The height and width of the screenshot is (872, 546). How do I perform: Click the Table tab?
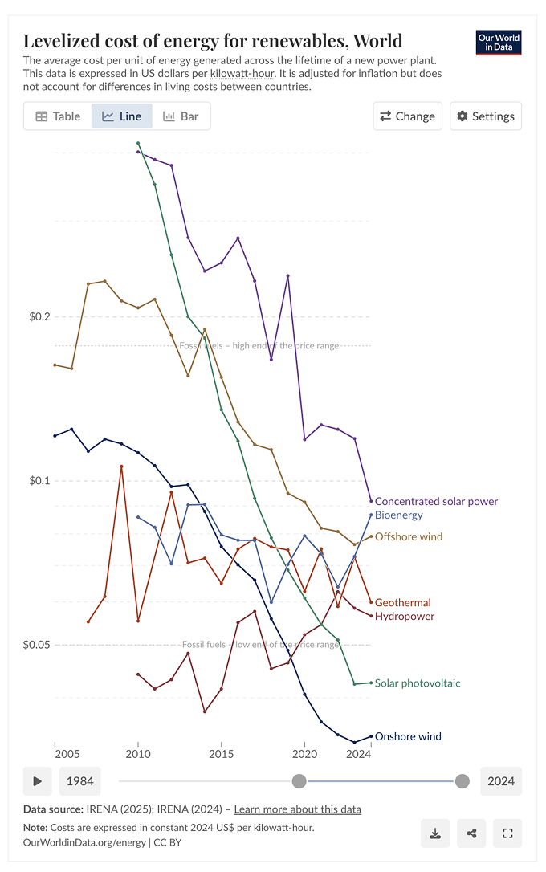[58, 116]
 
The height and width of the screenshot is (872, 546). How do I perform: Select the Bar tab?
[181, 116]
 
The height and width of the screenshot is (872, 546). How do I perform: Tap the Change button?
[407, 116]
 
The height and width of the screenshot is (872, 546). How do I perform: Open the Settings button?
[486, 116]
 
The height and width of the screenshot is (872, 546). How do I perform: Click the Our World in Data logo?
[499, 43]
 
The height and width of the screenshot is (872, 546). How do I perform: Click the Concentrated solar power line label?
[436, 501]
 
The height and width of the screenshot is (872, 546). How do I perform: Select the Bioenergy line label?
[398, 515]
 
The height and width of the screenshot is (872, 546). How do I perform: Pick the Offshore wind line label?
[408, 536]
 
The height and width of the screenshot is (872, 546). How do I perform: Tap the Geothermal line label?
[402, 602]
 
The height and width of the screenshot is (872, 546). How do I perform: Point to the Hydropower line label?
[404, 616]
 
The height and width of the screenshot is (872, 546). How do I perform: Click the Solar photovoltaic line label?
[417, 683]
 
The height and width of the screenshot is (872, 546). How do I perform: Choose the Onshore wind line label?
[407, 736]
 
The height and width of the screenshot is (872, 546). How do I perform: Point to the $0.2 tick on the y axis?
[36, 316]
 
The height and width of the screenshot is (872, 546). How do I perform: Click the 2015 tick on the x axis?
[222, 754]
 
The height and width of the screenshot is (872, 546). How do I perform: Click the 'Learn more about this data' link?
[297, 809]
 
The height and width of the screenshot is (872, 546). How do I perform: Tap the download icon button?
[434, 833]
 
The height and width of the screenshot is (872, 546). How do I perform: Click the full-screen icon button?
[507, 833]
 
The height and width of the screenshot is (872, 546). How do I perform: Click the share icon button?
[471, 833]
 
